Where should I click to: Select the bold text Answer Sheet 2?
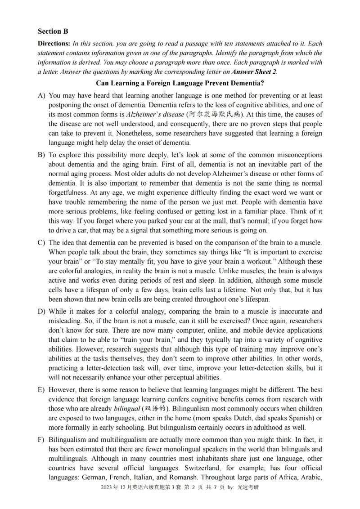(x=254, y=71)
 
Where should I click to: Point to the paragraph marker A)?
(x=42, y=96)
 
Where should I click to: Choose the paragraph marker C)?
(x=42, y=243)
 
